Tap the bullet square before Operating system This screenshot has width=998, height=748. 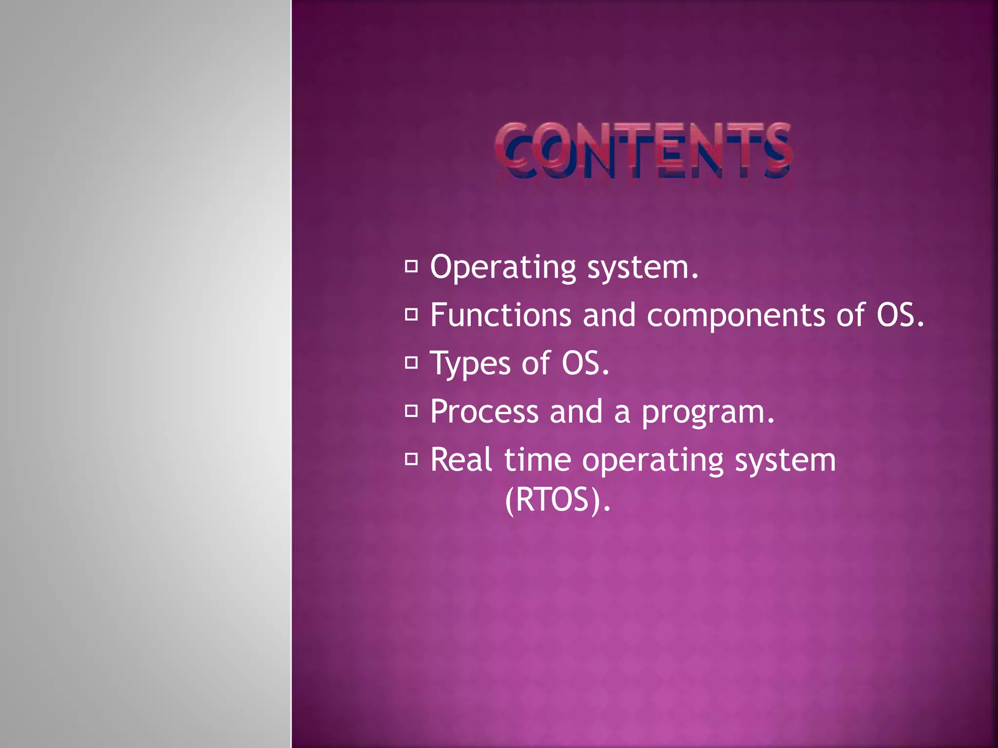pos(411,266)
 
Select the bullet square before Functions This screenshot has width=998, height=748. pos(411,315)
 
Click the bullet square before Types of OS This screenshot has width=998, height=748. pos(411,363)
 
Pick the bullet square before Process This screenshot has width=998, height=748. pos(411,411)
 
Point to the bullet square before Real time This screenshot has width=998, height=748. pos(411,459)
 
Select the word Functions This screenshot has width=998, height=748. pos(501,315)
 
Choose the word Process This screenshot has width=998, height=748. pos(484,412)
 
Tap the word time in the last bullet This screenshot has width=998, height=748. pos(537,460)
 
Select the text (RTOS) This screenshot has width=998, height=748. pos(557,500)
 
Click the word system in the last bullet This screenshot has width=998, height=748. pos(785,461)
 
